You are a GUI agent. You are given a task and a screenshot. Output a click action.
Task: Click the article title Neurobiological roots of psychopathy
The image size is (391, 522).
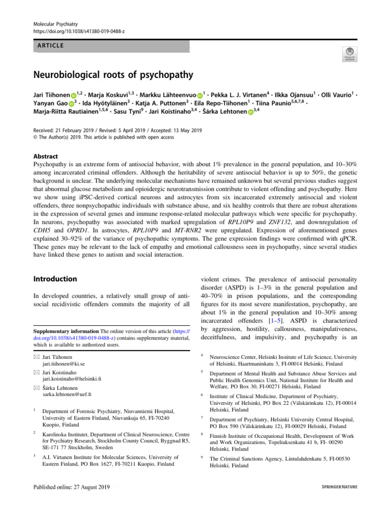(x=113, y=75)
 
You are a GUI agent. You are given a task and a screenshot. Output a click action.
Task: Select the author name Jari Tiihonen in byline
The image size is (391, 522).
(x=50, y=95)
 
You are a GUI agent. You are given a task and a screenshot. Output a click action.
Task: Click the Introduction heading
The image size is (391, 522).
(x=55, y=279)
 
